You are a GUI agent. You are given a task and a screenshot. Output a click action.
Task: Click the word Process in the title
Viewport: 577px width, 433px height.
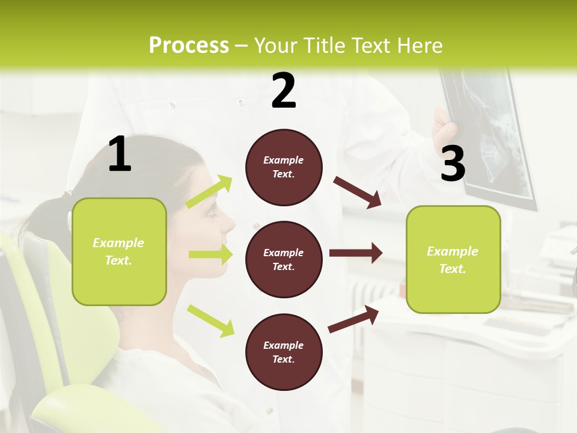[x=189, y=46]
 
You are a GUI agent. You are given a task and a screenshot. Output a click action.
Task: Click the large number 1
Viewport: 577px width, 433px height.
[x=120, y=155]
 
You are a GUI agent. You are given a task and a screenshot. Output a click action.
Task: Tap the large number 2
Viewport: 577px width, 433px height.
[x=284, y=91]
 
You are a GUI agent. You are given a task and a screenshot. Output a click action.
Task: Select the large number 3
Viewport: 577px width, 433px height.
[x=453, y=164]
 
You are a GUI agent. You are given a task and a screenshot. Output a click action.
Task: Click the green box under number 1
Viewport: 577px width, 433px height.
[x=119, y=251]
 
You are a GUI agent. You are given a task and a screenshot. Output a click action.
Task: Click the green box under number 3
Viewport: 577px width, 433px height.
[x=453, y=260]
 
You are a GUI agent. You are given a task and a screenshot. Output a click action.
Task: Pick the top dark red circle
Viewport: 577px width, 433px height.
[x=284, y=167]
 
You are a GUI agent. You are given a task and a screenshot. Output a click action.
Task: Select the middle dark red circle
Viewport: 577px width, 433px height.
[x=284, y=260]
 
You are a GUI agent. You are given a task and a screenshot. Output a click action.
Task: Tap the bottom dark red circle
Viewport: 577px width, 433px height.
[x=284, y=352]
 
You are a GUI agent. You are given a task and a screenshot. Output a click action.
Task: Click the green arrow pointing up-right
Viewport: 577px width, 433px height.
[x=209, y=192]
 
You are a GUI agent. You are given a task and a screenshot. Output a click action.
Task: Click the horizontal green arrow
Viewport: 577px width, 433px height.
[x=210, y=254]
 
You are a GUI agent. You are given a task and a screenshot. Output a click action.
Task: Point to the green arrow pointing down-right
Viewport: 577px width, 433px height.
[x=210, y=320]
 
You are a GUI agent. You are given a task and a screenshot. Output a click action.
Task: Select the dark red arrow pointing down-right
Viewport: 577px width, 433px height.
[x=357, y=192]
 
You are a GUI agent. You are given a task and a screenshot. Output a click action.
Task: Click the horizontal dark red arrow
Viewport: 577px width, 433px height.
[x=355, y=253]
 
